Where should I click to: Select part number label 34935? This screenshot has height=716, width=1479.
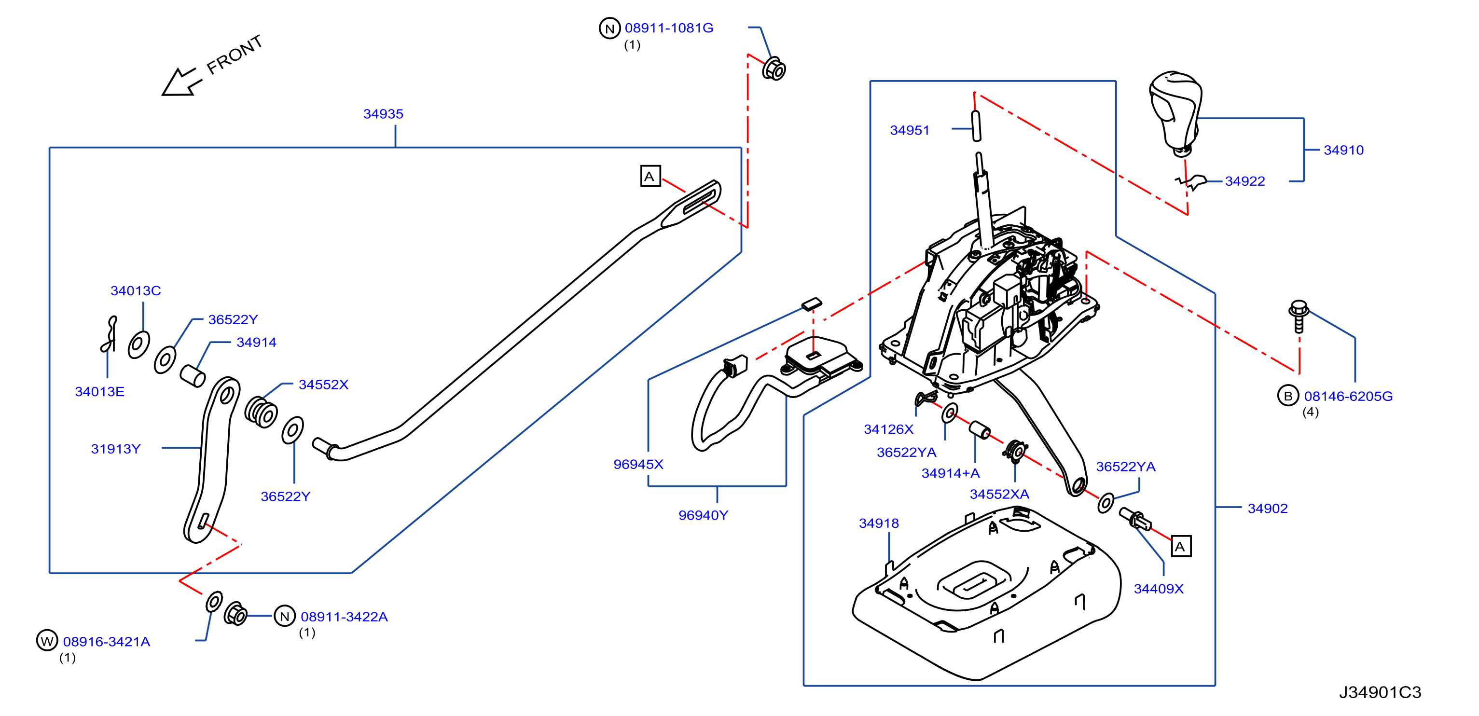(383, 114)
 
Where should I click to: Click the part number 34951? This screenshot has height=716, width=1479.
(910, 130)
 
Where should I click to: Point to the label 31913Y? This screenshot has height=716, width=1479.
(115, 449)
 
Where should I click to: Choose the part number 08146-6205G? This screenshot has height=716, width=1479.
(1348, 396)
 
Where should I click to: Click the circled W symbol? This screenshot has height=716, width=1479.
(47, 640)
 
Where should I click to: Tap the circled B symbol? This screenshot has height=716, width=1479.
(1288, 396)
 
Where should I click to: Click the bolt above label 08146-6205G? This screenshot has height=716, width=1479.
(1299, 316)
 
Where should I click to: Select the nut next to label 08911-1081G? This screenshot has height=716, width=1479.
(774, 69)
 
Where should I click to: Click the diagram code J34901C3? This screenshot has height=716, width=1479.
(1380, 692)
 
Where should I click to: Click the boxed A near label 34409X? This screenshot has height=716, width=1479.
(1181, 546)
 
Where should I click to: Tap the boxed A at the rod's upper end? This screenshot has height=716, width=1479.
(650, 176)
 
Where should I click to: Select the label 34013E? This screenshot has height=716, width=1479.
(99, 392)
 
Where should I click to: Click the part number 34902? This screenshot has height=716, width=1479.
(1267, 508)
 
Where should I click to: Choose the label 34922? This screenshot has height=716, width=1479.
(1245, 181)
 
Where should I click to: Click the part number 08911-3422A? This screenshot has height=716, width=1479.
(344, 617)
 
